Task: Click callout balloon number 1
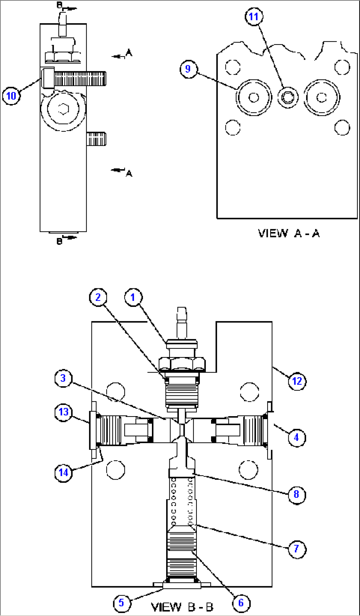point(133,298)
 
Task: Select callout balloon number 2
point(98,297)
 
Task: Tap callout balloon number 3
point(63,378)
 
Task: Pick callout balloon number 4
point(297,438)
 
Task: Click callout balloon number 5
point(122,603)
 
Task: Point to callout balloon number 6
point(241,603)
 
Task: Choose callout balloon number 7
point(297,549)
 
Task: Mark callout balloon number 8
point(297,494)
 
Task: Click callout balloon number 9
point(188,69)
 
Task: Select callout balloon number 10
point(11,96)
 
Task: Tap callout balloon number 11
point(254,17)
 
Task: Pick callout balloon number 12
point(297,381)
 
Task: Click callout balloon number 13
point(63,412)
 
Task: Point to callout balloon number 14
point(63,473)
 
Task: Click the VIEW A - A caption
point(289,234)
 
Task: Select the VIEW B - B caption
point(182,607)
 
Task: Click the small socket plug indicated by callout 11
point(288,97)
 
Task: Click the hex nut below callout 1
point(182,364)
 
